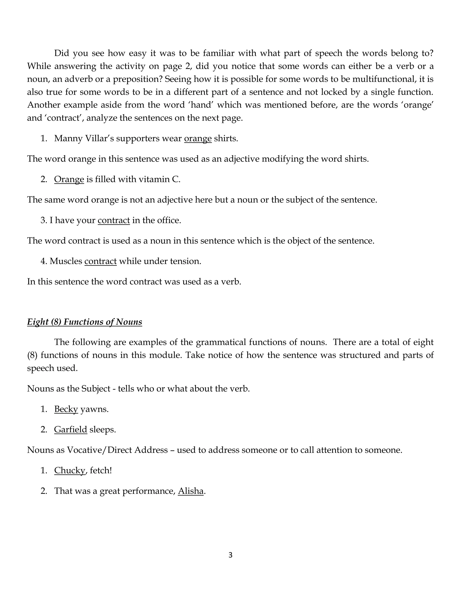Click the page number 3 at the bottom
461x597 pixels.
tap(230, 555)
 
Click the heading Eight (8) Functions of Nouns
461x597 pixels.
tap(84, 322)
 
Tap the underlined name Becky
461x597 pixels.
tap(66, 409)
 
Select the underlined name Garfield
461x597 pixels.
tap(70, 429)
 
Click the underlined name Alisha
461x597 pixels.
tap(191, 491)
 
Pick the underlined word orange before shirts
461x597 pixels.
tap(198, 139)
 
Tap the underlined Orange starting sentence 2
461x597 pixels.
tap(69, 179)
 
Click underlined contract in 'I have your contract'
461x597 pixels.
tap(114, 220)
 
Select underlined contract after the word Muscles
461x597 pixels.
tap(100, 261)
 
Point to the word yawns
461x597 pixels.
tap(95, 409)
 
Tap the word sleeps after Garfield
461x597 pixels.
tap(103, 429)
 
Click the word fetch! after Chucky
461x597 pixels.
tap(101, 470)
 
